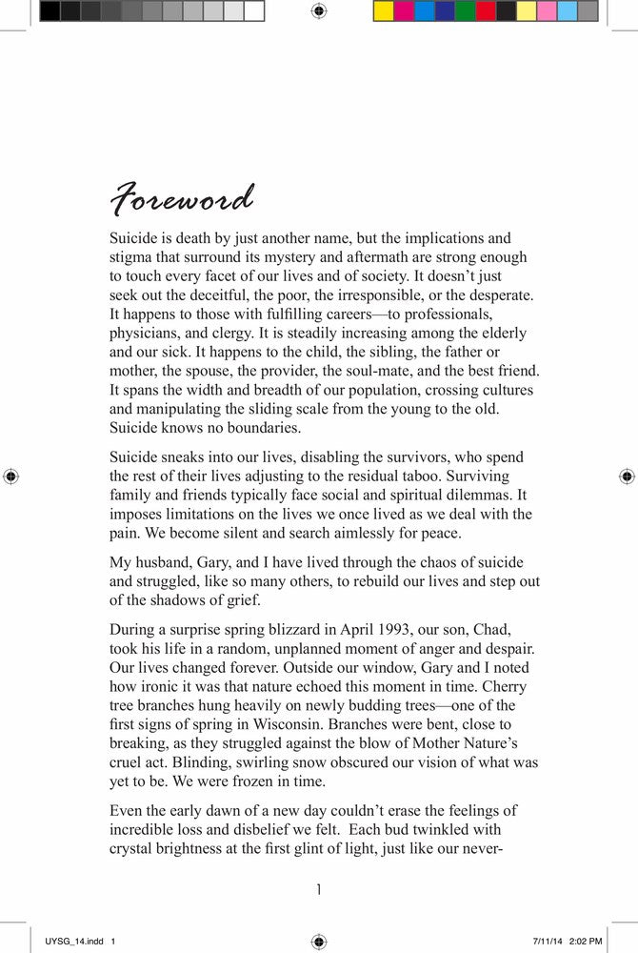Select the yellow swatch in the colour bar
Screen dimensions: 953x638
pos(383,11)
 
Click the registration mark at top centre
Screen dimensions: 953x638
pos(319,11)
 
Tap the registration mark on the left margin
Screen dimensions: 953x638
pos(11,475)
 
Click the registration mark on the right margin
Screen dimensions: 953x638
pos(627,475)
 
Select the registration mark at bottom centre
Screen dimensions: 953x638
pos(319,942)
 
